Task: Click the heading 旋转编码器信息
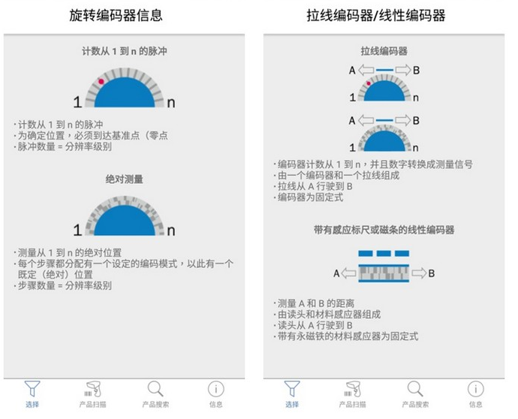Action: tap(116, 15)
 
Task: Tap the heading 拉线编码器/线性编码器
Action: tap(376, 15)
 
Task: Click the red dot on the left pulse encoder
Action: tap(101, 82)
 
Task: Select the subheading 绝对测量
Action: tap(124, 179)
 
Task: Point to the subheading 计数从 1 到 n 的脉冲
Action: tap(124, 51)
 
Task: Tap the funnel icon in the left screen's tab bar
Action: tap(32, 389)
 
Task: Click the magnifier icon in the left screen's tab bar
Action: tap(155, 389)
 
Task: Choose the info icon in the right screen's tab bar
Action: tap(476, 389)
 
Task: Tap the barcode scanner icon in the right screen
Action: tap(353, 389)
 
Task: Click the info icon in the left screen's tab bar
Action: tap(215, 389)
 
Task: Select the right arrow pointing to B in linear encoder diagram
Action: tap(419, 273)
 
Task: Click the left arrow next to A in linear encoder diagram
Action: tap(348, 273)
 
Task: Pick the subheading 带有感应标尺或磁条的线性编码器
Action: tap(384, 230)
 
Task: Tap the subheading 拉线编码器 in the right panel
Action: tap(384, 51)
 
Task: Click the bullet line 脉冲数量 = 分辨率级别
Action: tap(63, 146)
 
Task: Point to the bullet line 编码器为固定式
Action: tap(309, 197)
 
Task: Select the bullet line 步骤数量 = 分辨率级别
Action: tap(63, 285)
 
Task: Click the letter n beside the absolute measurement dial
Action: tap(171, 231)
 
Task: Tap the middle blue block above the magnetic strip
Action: tap(384, 254)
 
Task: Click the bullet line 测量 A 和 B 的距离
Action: tap(314, 303)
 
